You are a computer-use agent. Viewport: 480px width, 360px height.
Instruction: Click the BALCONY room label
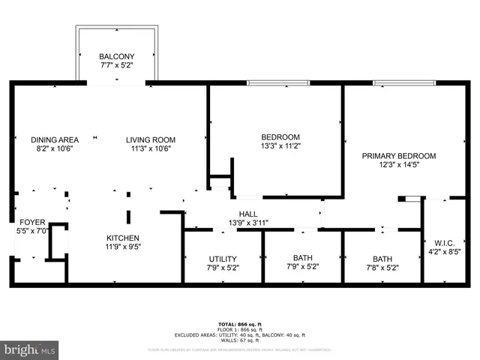tap(116, 57)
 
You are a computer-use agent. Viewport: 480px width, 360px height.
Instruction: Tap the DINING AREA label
tap(55, 139)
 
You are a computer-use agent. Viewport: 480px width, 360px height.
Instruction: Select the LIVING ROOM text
tap(150, 139)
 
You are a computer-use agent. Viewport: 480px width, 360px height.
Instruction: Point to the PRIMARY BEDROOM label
tap(398, 156)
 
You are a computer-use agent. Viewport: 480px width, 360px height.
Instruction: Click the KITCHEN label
tap(123, 238)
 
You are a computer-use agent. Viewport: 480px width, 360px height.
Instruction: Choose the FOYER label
tap(32, 223)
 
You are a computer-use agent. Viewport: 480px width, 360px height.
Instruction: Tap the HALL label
tap(248, 214)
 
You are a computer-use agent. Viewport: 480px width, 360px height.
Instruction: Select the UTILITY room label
tap(223, 259)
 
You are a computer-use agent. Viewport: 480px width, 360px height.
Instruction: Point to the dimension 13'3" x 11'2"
tap(280, 146)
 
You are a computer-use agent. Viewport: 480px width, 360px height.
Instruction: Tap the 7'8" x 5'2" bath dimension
tap(381, 267)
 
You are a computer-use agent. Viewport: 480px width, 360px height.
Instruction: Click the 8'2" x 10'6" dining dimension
tap(55, 148)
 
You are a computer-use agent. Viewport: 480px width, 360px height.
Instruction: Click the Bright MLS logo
tap(30, 349)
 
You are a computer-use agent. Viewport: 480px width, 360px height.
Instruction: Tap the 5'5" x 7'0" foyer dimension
tap(32, 232)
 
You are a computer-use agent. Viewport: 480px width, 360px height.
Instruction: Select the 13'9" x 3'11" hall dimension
tap(248, 223)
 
